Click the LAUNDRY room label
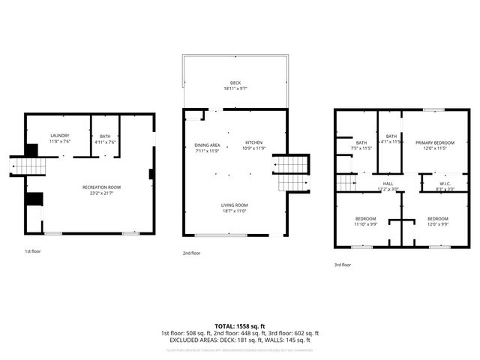tap(59, 136)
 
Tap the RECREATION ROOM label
tap(101, 187)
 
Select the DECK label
tap(235, 82)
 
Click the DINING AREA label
tap(207, 145)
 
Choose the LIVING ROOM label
tap(234, 205)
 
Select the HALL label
tap(388, 183)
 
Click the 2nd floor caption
tap(191, 253)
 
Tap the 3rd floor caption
tap(343, 265)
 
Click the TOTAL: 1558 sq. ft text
tap(239, 325)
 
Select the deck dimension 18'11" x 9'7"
tap(235, 88)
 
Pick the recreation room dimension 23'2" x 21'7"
tap(101, 193)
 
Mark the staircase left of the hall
tap(345, 182)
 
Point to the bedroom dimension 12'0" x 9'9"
tap(438, 223)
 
